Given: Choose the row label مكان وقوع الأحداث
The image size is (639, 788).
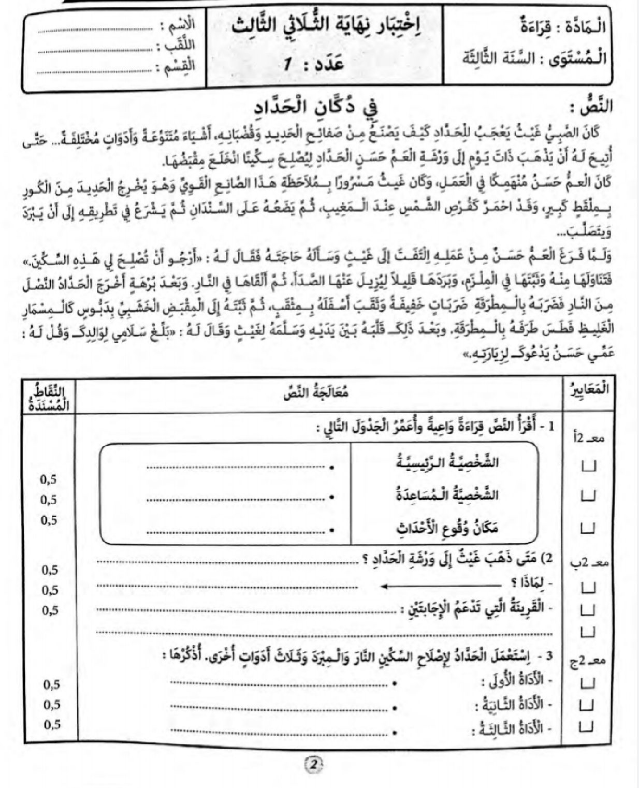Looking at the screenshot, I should coord(447,529).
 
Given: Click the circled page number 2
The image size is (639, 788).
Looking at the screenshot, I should coord(314,764).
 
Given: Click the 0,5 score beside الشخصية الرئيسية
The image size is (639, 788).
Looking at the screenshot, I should coord(49,479).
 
